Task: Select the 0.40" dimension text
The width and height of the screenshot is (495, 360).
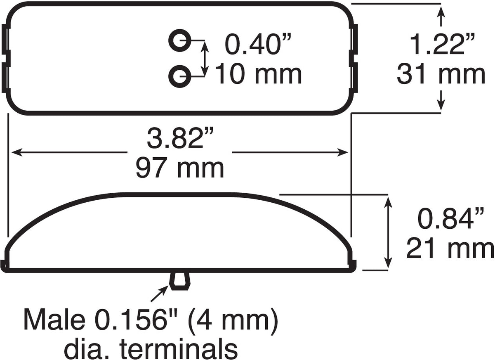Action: (258, 44)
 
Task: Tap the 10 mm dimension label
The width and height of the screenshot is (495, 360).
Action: (258, 73)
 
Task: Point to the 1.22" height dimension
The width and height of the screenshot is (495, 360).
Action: (442, 44)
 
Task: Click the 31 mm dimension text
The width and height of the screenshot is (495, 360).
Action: (441, 73)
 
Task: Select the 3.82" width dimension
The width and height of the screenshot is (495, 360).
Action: (180, 139)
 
